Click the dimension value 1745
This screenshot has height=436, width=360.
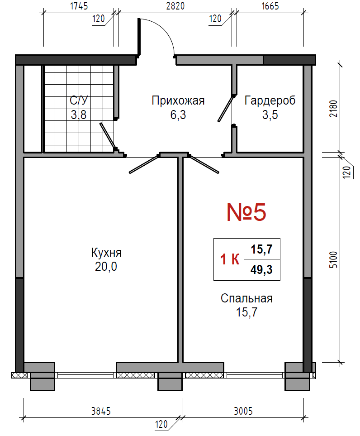[79, 6]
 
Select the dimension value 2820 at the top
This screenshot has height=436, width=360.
[175, 6]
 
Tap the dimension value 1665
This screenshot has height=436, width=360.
[270, 6]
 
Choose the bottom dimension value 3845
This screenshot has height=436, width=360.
[101, 411]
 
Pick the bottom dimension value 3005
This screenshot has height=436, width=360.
[243, 411]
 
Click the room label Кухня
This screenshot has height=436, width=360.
[106, 253]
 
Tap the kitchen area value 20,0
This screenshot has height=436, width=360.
[106, 266]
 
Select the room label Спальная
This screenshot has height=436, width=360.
[246, 298]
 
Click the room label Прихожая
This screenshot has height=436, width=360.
[178, 101]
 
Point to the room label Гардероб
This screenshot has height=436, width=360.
[270, 101]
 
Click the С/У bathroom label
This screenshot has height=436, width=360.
[79, 101]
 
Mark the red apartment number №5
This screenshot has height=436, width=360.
[246, 212]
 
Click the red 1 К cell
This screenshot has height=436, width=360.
[229, 259]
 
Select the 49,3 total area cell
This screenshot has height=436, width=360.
[262, 270]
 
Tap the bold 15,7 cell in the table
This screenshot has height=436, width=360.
[262, 249]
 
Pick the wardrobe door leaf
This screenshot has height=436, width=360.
[226, 109]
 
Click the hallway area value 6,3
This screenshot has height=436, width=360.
[178, 115]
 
